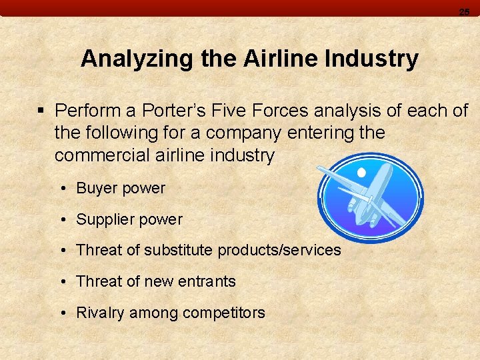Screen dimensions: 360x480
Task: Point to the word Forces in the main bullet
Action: point(282,110)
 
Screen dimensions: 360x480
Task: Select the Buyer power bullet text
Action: point(121,189)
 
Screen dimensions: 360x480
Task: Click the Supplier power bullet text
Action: point(129,219)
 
